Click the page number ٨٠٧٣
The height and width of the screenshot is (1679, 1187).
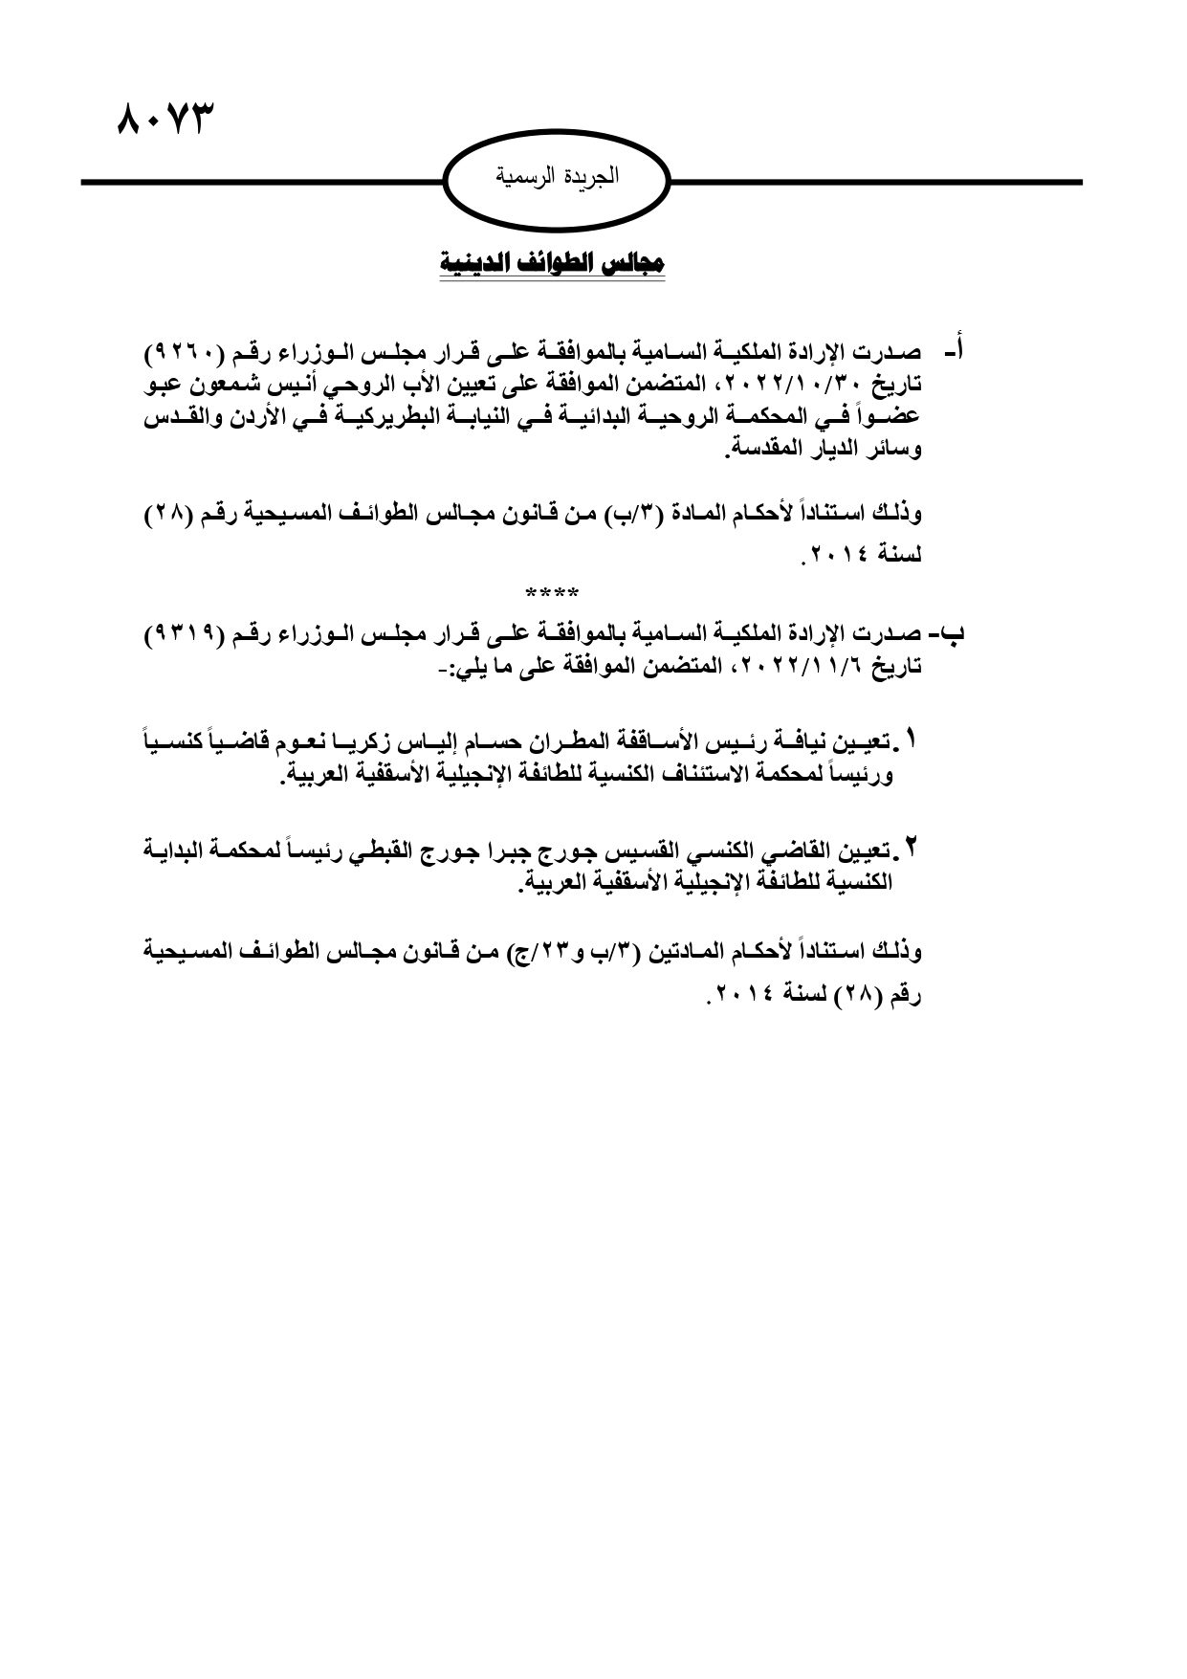163,122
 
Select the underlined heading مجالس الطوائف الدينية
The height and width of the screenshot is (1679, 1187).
552,262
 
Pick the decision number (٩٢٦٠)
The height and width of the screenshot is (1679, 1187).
187,355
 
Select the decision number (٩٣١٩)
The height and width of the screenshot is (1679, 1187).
187,636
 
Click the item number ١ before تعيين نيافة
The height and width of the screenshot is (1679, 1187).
911,740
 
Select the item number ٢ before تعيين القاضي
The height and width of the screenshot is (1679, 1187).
911,847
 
